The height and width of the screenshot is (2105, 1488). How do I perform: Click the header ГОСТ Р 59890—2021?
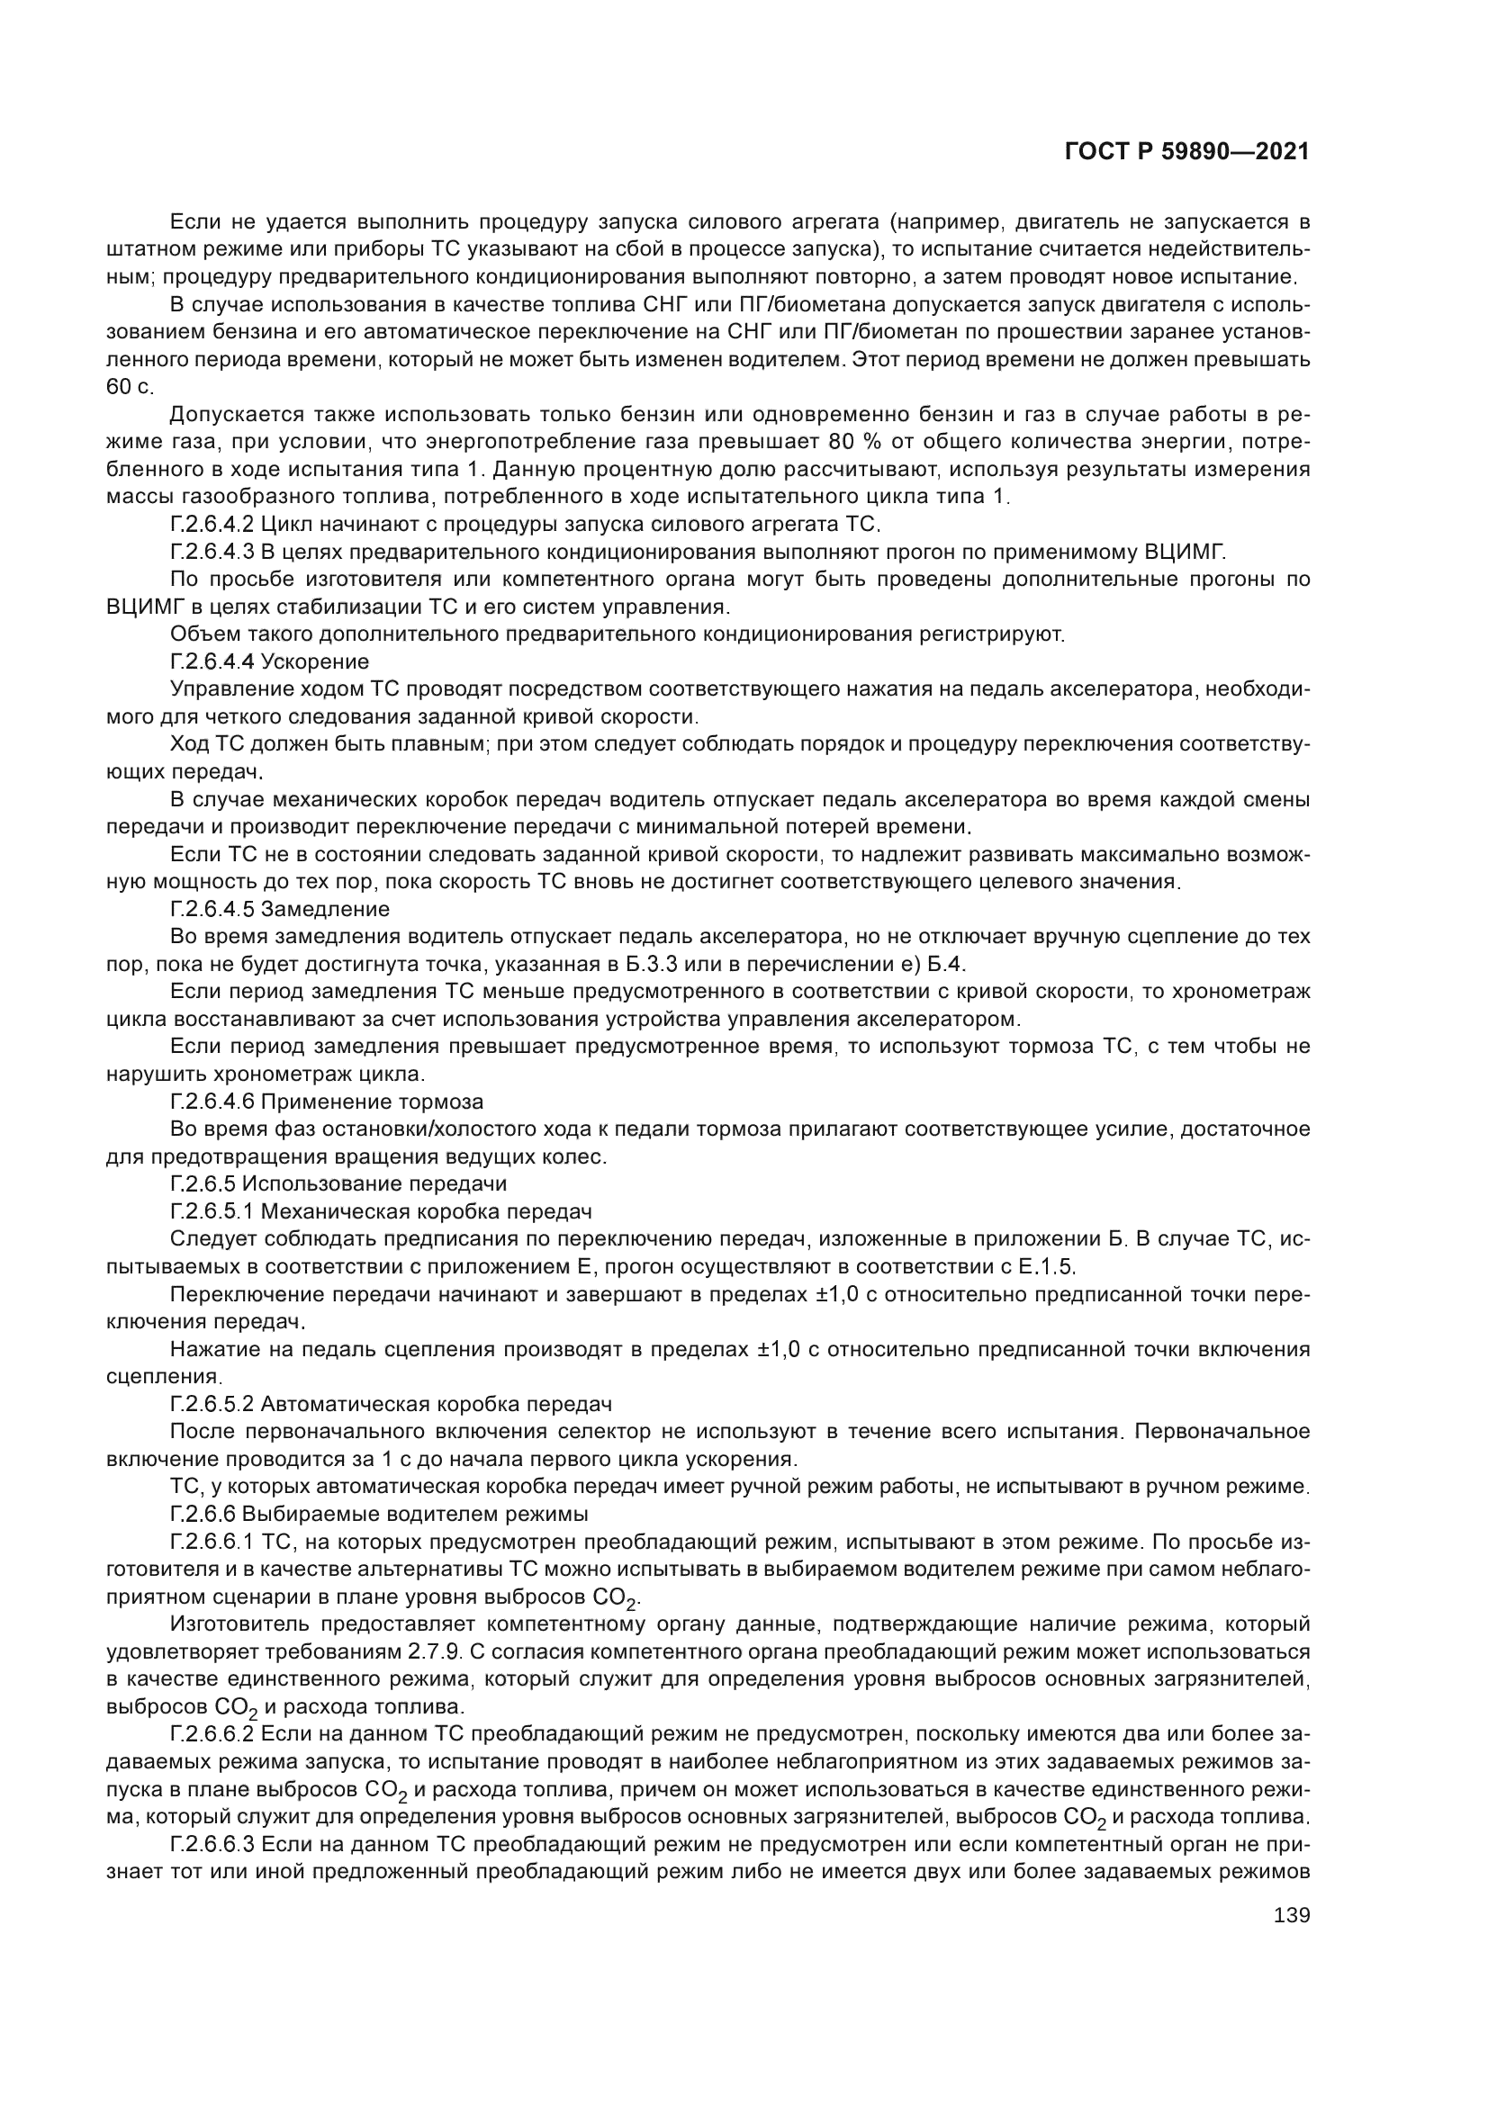1187,151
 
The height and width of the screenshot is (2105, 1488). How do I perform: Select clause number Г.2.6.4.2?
212,526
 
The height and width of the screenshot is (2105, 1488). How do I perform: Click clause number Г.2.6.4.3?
212,553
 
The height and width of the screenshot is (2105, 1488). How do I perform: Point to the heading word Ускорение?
315,662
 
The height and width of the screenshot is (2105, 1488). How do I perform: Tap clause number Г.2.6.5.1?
212,1212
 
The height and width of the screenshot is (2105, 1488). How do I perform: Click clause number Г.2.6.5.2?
212,1405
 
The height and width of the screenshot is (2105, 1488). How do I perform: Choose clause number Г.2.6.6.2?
212,1734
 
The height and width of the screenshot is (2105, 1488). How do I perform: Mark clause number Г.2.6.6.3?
212,1845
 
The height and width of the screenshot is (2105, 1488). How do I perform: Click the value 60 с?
131,387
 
